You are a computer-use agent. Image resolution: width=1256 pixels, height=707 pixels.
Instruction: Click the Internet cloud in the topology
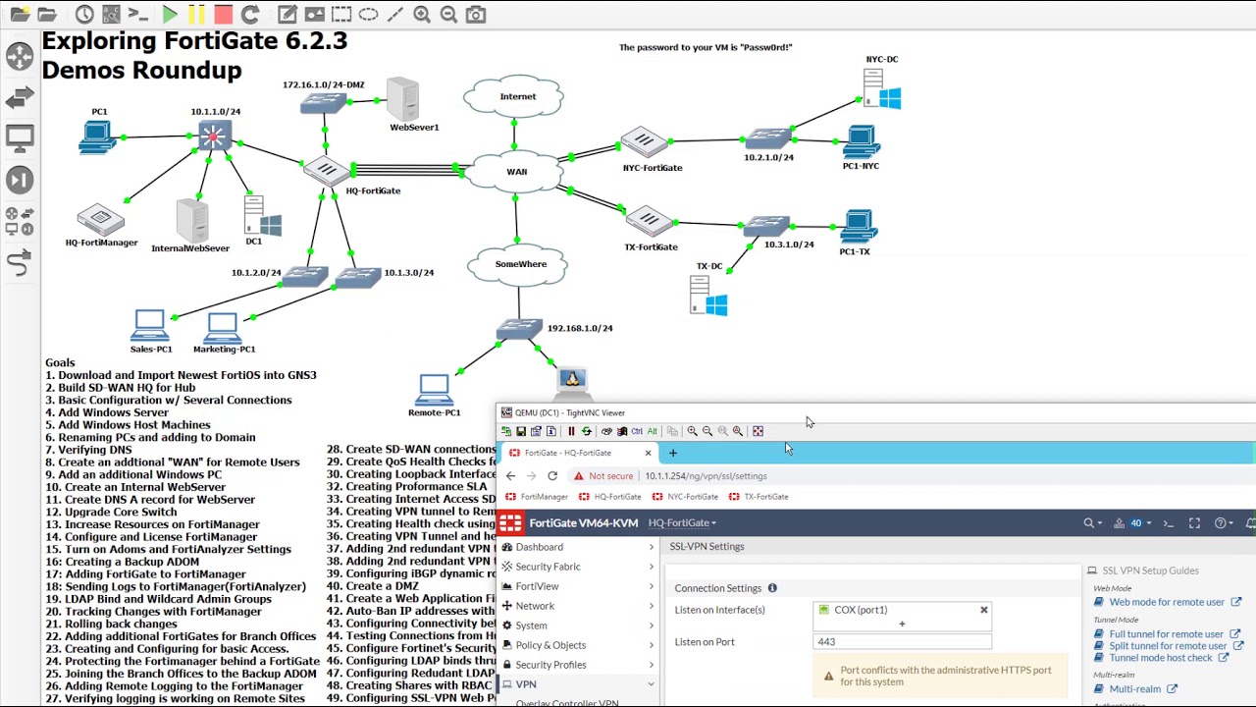(x=513, y=96)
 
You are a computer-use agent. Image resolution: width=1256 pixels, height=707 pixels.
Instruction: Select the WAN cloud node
(x=515, y=172)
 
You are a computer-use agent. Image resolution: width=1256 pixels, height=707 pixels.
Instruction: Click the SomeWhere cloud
(x=519, y=264)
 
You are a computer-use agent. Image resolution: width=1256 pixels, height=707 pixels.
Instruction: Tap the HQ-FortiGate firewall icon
(x=323, y=171)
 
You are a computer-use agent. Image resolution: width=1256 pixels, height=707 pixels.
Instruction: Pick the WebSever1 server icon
(x=402, y=99)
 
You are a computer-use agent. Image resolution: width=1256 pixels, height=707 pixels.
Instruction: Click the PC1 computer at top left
(x=97, y=137)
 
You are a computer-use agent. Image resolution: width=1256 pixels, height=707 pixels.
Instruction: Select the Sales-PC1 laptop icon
(x=150, y=325)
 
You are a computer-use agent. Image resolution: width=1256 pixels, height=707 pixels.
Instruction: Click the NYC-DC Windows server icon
(x=881, y=89)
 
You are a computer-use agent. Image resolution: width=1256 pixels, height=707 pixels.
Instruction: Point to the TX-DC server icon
(x=707, y=296)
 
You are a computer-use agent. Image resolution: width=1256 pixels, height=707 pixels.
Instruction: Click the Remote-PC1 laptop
(x=434, y=390)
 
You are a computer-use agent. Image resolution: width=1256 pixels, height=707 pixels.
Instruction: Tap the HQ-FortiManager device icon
(x=100, y=220)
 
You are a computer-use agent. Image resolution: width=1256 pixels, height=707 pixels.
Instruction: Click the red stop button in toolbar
(x=223, y=15)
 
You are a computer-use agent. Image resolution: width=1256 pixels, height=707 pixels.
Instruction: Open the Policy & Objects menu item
(x=550, y=645)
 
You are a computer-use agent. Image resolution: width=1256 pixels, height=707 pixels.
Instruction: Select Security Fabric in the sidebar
(x=548, y=567)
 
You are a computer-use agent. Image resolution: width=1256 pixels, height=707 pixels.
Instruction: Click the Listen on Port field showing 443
(x=901, y=642)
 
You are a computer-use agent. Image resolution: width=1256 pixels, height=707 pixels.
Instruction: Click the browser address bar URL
(x=706, y=476)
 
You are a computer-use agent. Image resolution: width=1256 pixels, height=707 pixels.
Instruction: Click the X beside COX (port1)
(x=983, y=610)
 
